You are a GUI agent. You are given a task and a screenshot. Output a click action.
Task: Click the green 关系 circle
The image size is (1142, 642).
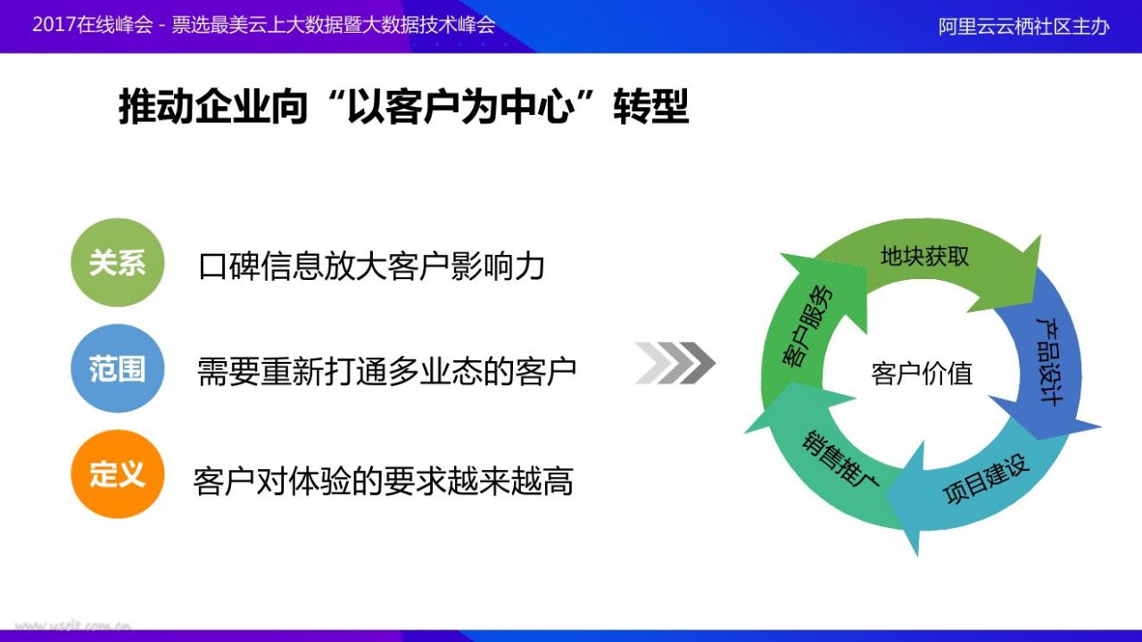click(x=117, y=262)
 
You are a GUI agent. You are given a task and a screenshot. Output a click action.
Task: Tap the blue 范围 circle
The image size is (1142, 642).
click(x=117, y=368)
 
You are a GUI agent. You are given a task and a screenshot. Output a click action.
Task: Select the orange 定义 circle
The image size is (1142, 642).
click(x=117, y=473)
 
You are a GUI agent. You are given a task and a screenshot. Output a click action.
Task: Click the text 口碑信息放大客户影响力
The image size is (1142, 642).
click(x=372, y=266)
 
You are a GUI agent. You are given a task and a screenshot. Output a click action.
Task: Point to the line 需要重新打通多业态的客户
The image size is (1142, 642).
click(x=386, y=372)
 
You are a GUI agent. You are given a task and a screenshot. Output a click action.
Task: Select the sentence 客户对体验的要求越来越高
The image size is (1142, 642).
click(x=384, y=481)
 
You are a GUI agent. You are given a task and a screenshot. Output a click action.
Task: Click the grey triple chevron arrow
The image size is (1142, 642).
click(x=675, y=363)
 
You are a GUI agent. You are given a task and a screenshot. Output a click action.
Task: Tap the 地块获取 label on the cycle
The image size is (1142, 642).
click(x=924, y=256)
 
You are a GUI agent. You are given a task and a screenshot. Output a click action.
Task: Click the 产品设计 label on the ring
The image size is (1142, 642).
click(x=1051, y=362)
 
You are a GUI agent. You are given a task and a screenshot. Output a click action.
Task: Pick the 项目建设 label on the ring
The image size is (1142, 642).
click(x=986, y=479)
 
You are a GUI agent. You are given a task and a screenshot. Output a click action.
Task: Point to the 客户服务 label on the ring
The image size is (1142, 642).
click(x=807, y=326)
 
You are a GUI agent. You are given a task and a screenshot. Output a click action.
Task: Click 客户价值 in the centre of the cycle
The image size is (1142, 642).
click(x=922, y=374)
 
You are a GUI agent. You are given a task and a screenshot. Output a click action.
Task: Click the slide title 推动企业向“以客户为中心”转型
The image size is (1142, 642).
click(x=404, y=107)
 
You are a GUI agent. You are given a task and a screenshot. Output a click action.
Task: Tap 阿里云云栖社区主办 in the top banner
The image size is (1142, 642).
click(x=1023, y=27)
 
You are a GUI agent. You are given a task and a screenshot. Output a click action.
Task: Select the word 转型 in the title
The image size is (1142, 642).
click(x=651, y=107)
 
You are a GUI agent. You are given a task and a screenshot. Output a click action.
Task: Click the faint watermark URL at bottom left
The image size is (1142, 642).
click(x=74, y=625)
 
